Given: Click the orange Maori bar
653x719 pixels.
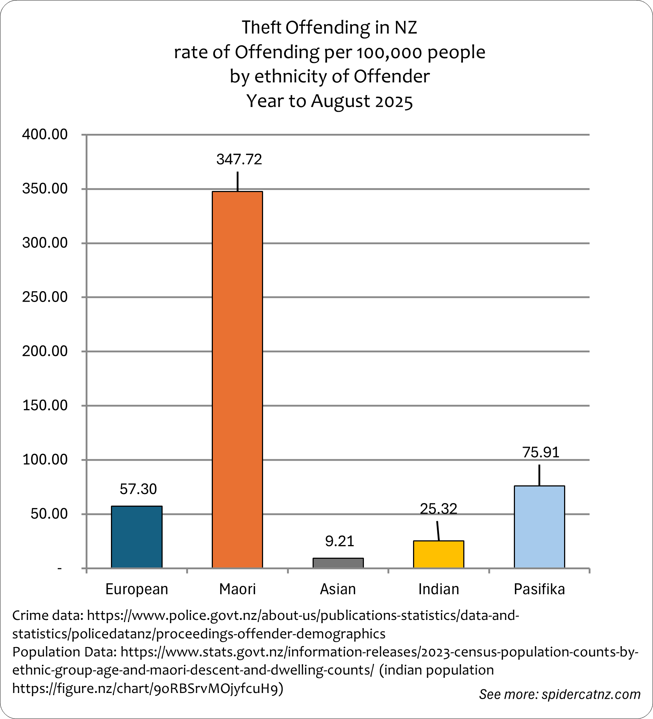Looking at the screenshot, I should pyautogui.click(x=237, y=380).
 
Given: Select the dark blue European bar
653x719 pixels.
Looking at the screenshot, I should pyautogui.click(x=137, y=537).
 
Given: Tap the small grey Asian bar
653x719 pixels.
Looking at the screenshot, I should pyautogui.click(x=338, y=563).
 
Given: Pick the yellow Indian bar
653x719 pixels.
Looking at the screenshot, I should pyautogui.click(x=438, y=554).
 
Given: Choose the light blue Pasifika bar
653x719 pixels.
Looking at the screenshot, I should pyautogui.click(x=539, y=527).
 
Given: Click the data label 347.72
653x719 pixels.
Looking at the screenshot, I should pyautogui.click(x=239, y=159).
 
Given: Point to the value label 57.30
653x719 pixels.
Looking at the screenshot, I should pyautogui.click(x=138, y=489).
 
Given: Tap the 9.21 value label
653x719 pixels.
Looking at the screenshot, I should pyautogui.click(x=339, y=541).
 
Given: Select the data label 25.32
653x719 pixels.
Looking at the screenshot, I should pyautogui.click(x=438, y=509).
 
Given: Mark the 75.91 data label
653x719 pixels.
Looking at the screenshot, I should pyautogui.click(x=541, y=452).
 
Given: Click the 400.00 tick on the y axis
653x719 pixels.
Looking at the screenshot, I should pyautogui.click(x=45, y=135).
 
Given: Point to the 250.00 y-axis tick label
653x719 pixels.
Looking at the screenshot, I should pyautogui.click(x=45, y=297).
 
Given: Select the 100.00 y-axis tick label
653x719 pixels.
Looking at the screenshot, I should pyautogui.click(x=45, y=460).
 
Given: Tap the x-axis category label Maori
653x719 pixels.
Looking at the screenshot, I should pyautogui.click(x=237, y=589).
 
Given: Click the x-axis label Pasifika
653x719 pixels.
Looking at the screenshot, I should pyautogui.click(x=539, y=589).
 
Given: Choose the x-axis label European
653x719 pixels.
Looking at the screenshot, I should pyautogui.click(x=137, y=589).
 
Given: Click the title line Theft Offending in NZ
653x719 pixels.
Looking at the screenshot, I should pyautogui.click(x=329, y=28).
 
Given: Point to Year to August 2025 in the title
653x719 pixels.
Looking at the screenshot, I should pyautogui.click(x=329, y=101).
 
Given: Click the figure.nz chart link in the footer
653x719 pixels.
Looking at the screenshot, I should pyautogui.click(x=147, y=689).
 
